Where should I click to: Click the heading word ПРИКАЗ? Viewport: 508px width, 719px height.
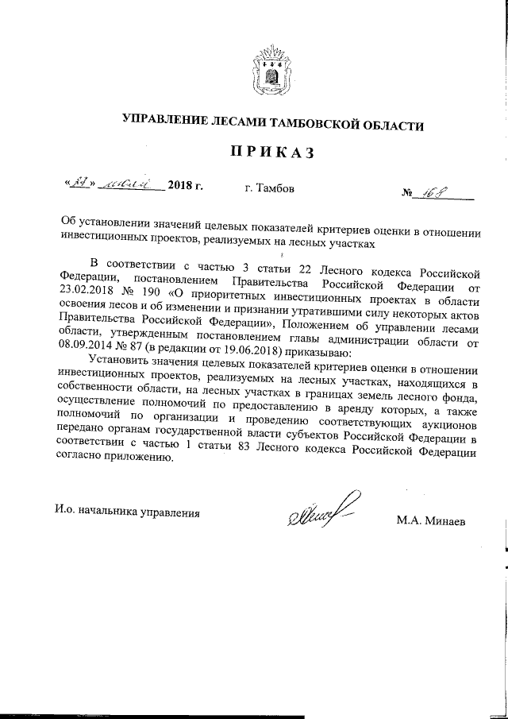273,153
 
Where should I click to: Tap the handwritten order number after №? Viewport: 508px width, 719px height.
439,191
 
